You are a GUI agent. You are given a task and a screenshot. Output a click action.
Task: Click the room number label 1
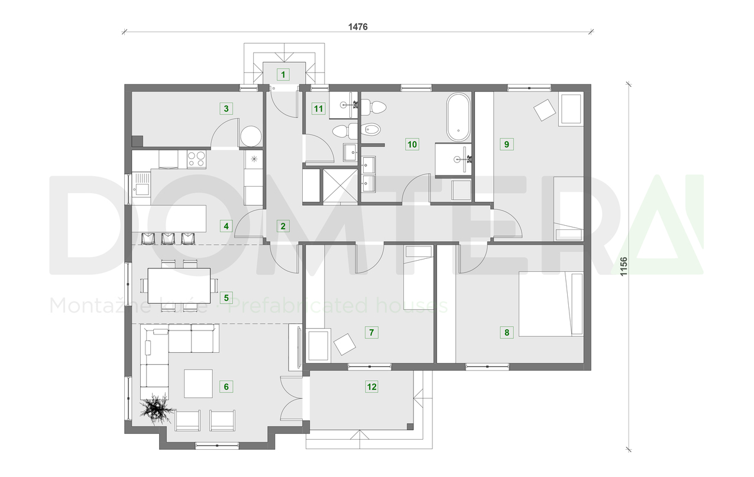(283, 74)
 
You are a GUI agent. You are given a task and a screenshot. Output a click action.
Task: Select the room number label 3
(225, 108)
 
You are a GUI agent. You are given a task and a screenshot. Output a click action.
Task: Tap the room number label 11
(319, 108)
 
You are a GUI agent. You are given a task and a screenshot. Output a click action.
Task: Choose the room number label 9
(506, 143)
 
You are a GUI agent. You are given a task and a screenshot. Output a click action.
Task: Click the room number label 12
(371, 387)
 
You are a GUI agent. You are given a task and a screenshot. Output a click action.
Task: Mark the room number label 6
(225, 387)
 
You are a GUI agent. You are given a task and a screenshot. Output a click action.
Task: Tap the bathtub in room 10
(458, 116)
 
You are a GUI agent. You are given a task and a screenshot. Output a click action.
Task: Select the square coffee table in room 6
(198, 383)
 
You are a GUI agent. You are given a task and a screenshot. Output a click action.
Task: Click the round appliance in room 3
(251, 136)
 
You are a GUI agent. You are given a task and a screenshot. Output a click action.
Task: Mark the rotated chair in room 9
(545, 109)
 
